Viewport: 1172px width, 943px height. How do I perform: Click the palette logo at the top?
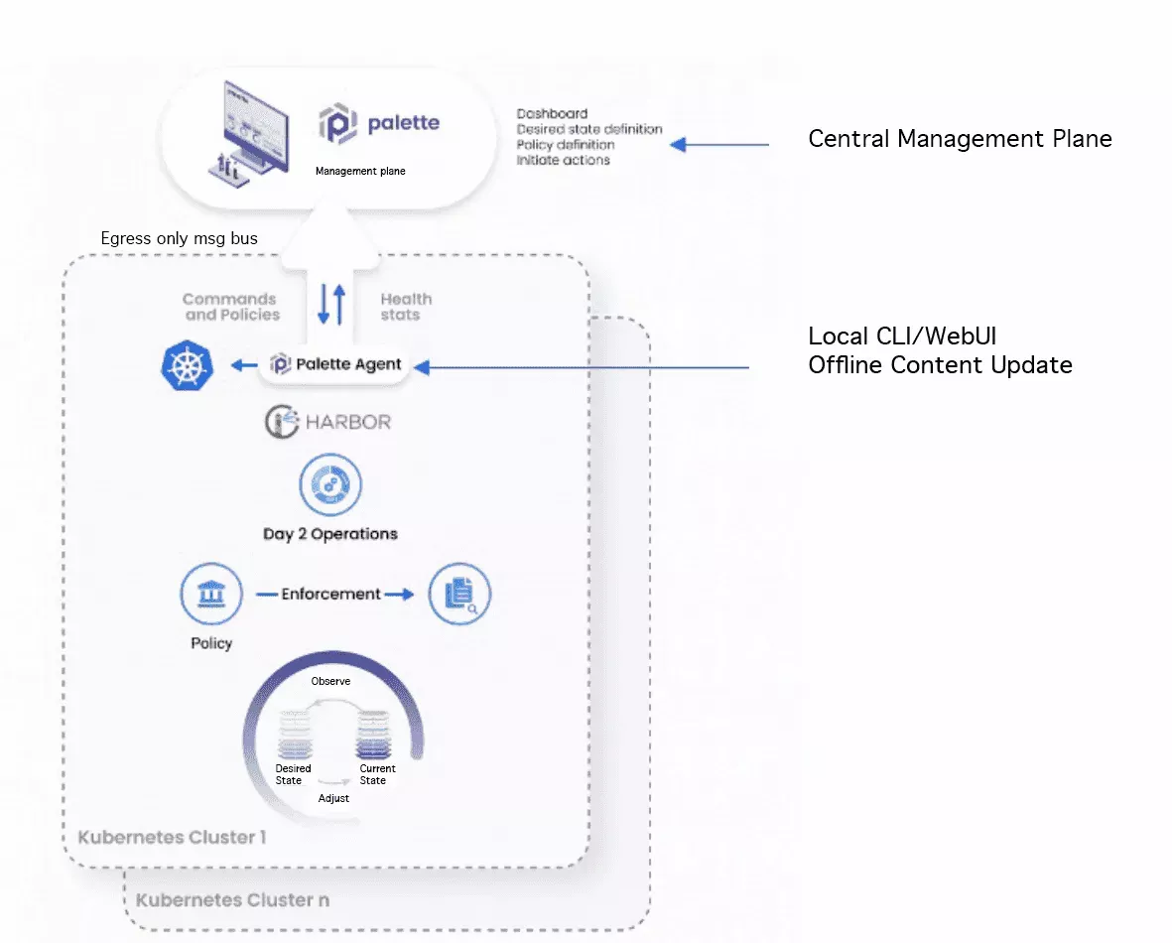tap(379, 125)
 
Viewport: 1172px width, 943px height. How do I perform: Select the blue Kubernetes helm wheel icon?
tap(188, 366)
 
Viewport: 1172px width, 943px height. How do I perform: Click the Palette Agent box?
tap(337, 365)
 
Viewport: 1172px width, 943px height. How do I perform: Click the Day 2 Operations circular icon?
tap(330, 485)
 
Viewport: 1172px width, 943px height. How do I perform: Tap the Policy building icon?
tap(211, 595)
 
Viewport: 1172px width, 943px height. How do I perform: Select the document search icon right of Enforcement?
tap(459, 595)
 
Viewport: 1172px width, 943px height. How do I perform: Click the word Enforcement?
tap(330, 594)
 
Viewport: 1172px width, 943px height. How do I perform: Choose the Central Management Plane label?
tap(960, 139)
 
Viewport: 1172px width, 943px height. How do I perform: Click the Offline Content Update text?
tap(940, 365)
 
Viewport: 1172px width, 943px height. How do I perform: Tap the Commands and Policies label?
tap(231, 307)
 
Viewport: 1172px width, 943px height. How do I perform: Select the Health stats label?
tap(406, 307)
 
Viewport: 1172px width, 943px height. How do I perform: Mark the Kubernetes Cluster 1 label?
tap(172, 837)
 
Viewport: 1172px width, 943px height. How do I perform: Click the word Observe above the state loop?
tap(330, 681)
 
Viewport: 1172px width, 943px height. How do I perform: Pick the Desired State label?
tap(293, 774)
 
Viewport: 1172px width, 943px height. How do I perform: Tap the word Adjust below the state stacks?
tap(333, 798)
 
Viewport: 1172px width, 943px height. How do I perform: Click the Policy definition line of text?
tap(566, 145)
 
